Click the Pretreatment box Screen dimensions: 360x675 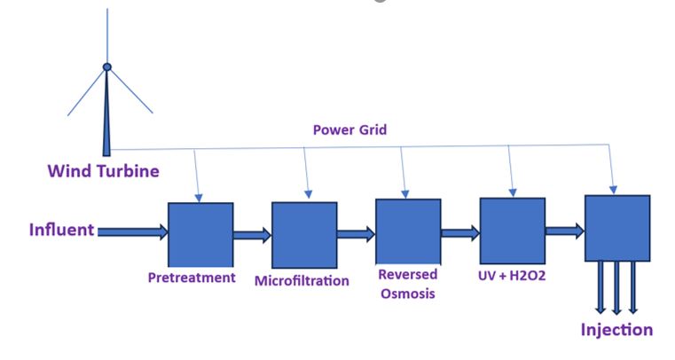click(200, 232)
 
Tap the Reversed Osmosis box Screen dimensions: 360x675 click(408, 231)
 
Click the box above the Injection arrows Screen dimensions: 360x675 click(616, 228)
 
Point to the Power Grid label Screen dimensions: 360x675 click(349, 129)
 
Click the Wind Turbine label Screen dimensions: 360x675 click(104, 171)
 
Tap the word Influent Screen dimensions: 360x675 click(61, 231)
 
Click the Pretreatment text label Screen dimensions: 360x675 click(192, 278)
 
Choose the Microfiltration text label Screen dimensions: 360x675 click(302, 281)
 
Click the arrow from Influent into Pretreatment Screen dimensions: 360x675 click(132, 232)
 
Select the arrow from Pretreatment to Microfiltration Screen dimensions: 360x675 click(252, 236)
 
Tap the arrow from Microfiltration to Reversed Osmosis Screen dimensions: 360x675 click(356, 235)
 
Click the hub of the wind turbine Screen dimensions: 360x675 click(107, 67)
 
